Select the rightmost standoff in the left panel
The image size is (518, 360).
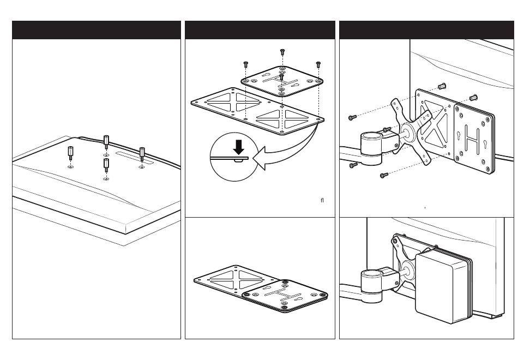click(x=142, y=152)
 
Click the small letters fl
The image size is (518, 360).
click(x=322, y=200)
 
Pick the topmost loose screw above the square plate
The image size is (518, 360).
click(x=282, y=52)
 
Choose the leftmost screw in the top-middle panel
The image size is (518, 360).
click(x=246, y=64)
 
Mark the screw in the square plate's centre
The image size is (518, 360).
click(x=280, y=77)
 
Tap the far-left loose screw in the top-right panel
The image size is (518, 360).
click(x=351, y=117)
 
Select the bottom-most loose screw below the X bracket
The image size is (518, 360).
click(x=384, y=176)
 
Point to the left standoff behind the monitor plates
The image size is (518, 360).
click(x=442, y=86)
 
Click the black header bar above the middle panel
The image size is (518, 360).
click(x=260, y=30)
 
